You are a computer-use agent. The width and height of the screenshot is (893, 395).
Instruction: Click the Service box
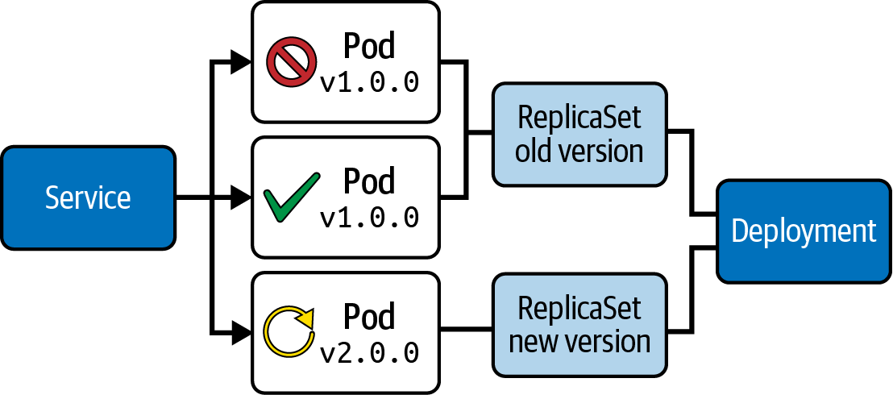[x=88, y=197]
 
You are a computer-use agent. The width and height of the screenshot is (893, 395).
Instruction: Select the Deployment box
[x=804, y=231]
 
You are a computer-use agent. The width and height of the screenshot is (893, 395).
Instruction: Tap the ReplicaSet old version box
[x=579, y=134]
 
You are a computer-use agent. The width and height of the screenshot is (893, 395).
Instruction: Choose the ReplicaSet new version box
[x=579, y=325]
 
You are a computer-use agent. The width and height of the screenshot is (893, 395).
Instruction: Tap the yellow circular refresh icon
[x=289, y=331]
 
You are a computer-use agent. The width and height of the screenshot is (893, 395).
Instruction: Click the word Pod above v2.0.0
[x=370, y=317]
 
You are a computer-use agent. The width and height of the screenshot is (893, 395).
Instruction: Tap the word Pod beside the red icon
[x=370, y=48]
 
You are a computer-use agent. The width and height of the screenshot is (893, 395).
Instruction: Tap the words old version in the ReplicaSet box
[x=579, y=151]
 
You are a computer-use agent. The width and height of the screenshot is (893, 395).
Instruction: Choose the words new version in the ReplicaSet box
[x=579, y=342]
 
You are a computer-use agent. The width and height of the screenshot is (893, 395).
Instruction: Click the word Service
[x=88, y=197]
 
